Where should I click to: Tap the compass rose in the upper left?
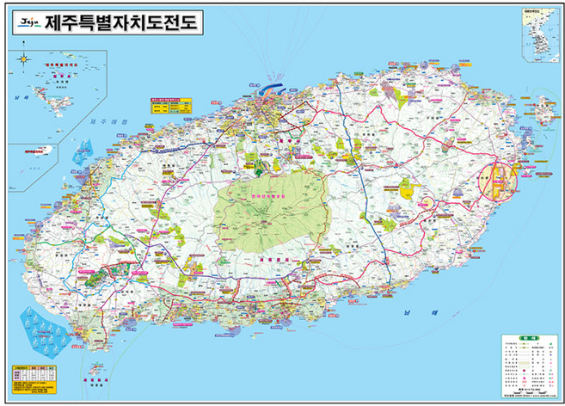pos(24,59)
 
